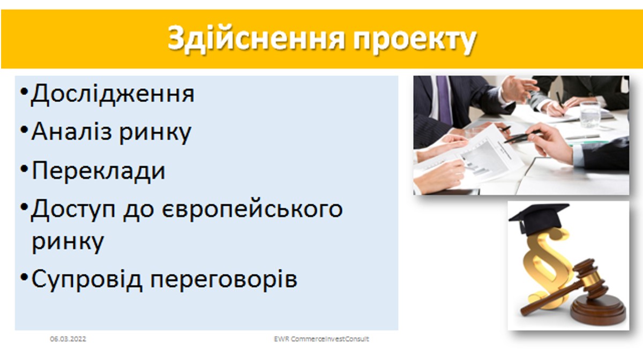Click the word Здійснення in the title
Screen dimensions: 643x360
click(256, 39)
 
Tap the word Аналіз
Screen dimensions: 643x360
click(71, 131)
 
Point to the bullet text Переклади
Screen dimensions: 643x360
click(99, 171)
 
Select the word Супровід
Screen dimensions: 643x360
click(87, 279)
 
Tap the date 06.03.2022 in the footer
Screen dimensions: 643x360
click(68, 339)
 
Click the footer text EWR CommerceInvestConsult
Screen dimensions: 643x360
click(322, 339)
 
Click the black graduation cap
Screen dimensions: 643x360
click(539, 219)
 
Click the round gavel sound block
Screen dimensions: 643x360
click(597, 311)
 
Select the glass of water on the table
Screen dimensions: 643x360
click(590, 115)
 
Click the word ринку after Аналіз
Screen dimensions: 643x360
click(155, 133)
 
